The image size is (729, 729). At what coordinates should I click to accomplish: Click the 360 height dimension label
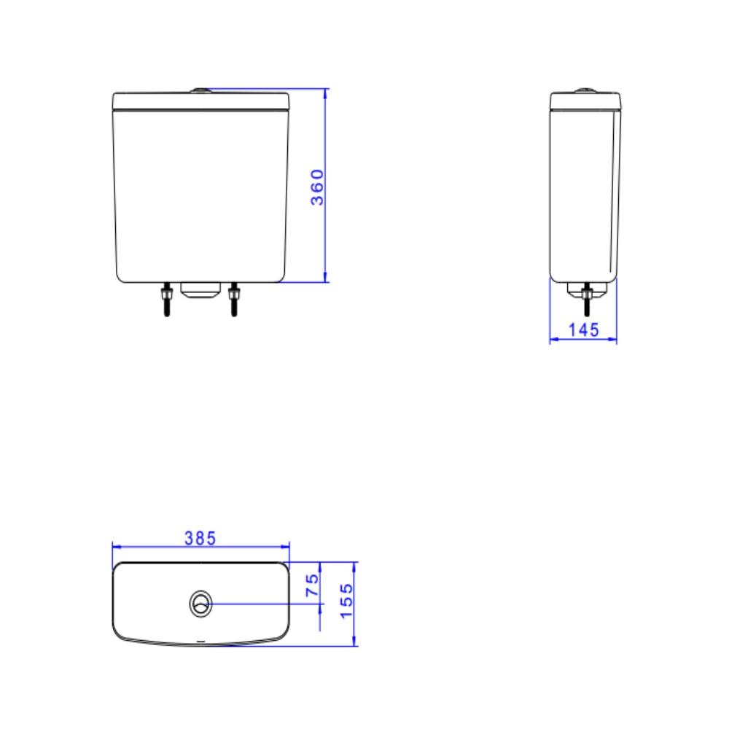pos(317,187)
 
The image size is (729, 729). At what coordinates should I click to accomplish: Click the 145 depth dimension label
pos(584,330)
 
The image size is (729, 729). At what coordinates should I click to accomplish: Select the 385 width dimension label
pos(200,539)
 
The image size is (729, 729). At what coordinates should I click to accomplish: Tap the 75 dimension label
pos(313,585)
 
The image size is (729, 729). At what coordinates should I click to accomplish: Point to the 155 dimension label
pos(347,601)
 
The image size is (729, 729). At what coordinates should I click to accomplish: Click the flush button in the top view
pos(200,604)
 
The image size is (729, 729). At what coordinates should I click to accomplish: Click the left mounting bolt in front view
pos(166,300)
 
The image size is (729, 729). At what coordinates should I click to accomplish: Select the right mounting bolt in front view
pos(234,300)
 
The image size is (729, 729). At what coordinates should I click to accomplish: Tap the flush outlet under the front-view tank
pos(200,291)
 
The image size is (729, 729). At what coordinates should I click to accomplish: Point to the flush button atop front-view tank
pos(200,90)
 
